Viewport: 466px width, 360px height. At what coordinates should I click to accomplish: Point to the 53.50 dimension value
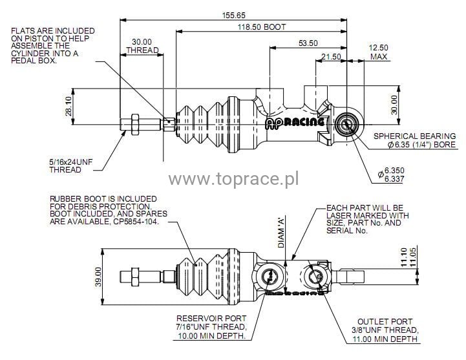[x=308, y=43]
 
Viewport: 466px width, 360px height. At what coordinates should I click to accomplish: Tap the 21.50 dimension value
[x=332, y=57]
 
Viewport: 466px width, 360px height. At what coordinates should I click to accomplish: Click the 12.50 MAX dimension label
[x=379, y=52]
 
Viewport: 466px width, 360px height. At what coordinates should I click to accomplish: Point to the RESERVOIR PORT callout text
[x=213, y=327]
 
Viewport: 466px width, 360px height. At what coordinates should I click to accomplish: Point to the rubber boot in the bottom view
[x=200, y=279]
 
